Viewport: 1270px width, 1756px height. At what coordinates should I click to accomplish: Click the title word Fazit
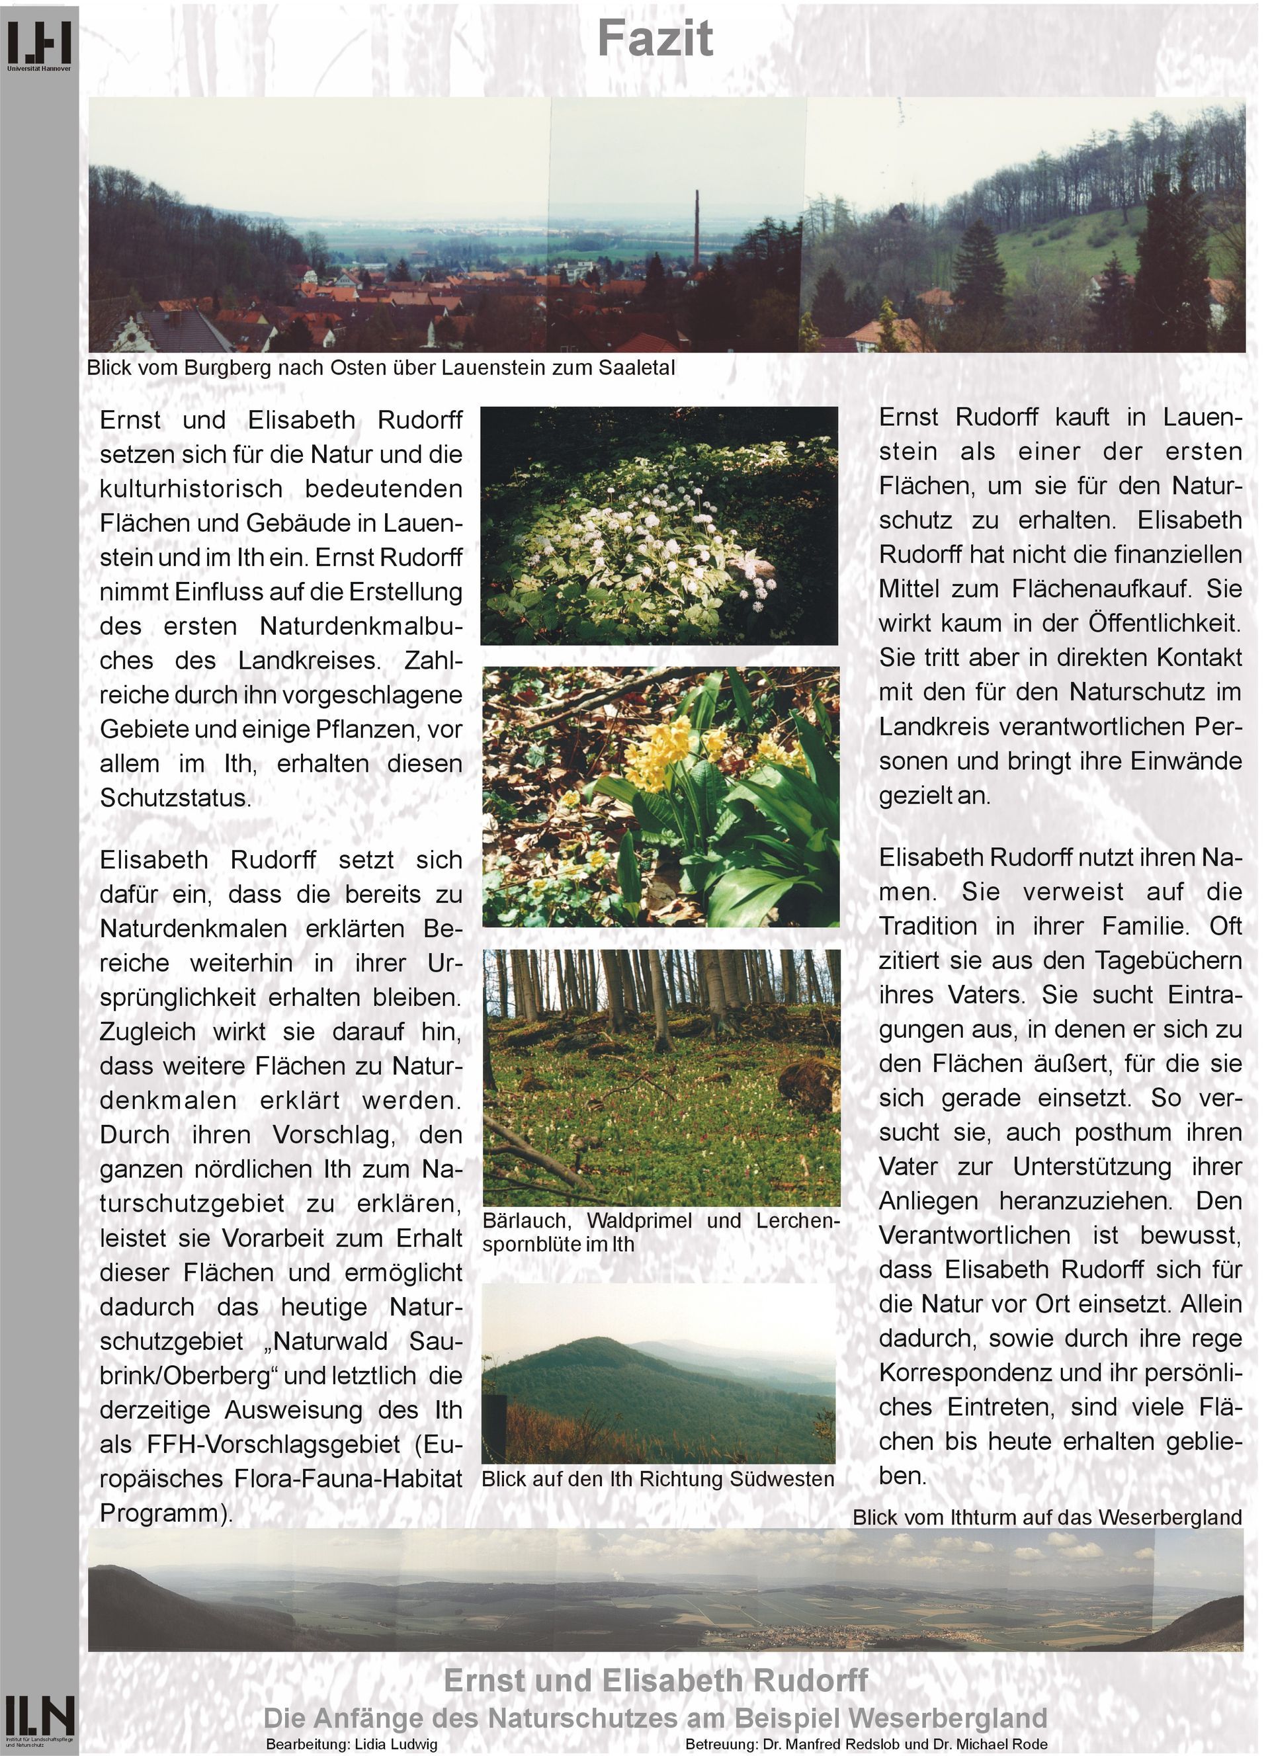click(654, 39)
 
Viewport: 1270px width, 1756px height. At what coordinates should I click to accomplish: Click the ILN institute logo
click(40, 1716)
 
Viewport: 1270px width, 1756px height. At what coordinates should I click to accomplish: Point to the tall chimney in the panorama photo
click(697, 232)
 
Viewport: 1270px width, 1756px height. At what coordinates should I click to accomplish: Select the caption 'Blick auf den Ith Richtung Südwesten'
click(657, 1478)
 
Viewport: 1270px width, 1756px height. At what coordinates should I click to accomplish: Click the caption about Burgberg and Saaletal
click(381, 368)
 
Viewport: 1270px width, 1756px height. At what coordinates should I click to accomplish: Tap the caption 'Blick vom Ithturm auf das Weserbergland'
click(1047, 1517)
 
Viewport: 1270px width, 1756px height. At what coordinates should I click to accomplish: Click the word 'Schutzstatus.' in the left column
click(176, 798)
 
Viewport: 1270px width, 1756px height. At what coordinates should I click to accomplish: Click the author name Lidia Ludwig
click(396, 1744)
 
